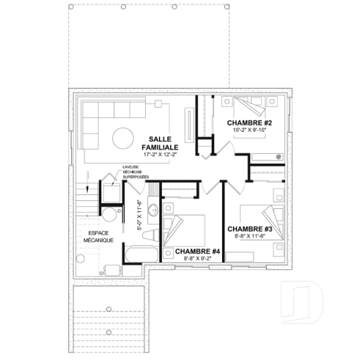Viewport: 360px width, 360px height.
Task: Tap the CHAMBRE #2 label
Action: coord(250,122)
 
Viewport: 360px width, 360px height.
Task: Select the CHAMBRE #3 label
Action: coord(250,229)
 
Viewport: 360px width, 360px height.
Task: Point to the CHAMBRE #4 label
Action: coord(198,251)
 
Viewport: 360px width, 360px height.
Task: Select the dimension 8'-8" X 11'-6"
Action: coord(250,237)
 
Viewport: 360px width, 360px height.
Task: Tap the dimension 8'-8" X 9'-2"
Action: coord(198,259)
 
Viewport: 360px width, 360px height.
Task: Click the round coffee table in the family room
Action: coord(124,139)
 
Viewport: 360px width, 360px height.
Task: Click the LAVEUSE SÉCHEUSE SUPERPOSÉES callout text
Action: coord(136,172)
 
